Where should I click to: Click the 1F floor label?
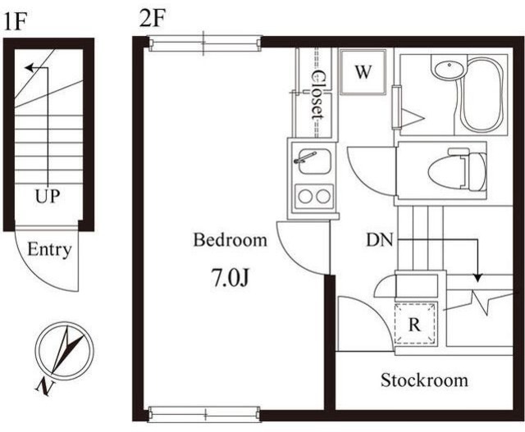pyautogui.click(x=15, y=22)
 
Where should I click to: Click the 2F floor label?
pyautogui.click(x=153, y=18)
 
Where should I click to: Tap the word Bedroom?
pyautogui.click(x=231, y=240)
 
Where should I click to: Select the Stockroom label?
pyautogui.click(x=424, y=380)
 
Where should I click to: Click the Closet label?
pyautogui.click(x=317, y=95)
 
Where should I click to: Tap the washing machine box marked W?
pyautogui.click(x=363, y=72)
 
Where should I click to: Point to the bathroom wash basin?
pyautogui.click(x=449, y=68)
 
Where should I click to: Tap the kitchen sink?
pyautogui.click(x=313, y=161)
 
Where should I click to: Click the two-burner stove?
pyautogui.click(x=313, y=197)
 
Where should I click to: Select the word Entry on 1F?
pyautogui.click(x=49, y=250)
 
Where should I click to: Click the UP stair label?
pyautogui.click(x=48, y=196)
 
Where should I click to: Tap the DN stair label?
pyautogui.click(x=379, y=240)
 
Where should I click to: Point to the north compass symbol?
pyautogui.click(x=65, y=351)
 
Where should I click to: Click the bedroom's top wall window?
pyautogui.click(x=204, y=43)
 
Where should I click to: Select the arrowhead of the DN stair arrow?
pyautogui.click(x=478, y=278)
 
